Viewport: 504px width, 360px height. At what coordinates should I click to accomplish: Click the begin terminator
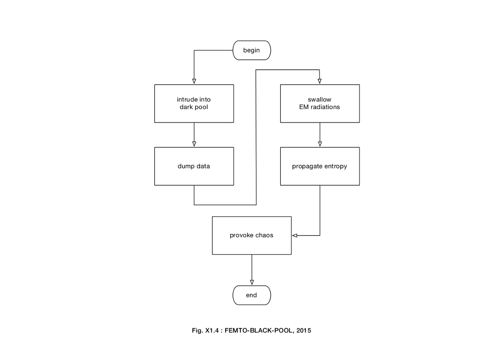(x=252, y=50)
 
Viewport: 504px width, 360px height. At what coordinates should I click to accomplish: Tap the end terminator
(x=252, y=295)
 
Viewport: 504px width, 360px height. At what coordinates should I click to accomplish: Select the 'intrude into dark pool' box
(x=194, y=103)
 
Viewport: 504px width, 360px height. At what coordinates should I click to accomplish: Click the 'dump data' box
(x=194, y=166)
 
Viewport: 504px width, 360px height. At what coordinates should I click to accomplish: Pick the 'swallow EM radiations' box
(x=320, y=103)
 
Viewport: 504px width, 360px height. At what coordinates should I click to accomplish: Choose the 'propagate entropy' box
(x=320, y=166)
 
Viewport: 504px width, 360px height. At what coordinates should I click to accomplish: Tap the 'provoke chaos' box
(x=251, y=235)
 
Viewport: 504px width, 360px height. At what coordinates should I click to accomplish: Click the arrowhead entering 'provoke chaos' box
(x=295, y=235)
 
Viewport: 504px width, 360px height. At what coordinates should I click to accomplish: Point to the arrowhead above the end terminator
(x=252, y=282)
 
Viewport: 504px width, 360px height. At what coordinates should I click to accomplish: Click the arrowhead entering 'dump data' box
(x=194, y=144)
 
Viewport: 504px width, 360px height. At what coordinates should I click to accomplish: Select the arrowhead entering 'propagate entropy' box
(x=320, y=144)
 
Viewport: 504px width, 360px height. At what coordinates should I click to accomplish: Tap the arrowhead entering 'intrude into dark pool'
(x=194, y=81)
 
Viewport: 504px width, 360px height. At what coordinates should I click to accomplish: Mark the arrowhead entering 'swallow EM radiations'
(x=320, y=81)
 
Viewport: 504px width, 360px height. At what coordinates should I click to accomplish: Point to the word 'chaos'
(x=264, y=235)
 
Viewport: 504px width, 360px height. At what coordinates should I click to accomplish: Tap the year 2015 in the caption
(x=304, y=331)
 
